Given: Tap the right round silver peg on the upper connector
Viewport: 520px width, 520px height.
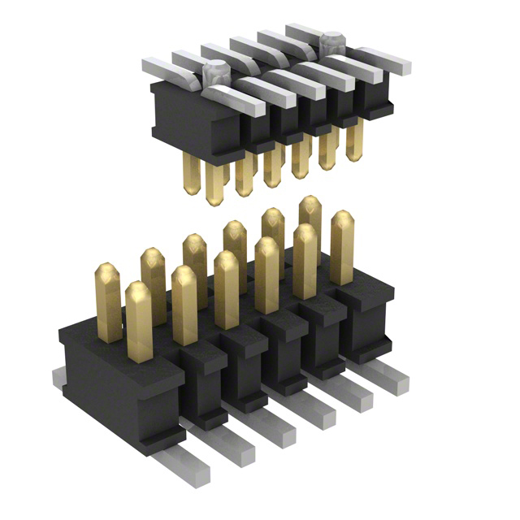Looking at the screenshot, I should (x=331, y=42).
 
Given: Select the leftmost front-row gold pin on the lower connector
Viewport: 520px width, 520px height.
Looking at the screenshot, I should (x=139, y=320).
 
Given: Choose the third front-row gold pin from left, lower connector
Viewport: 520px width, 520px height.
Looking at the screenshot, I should (x=226, y=288).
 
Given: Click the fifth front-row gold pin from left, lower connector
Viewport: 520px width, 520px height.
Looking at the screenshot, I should (x=305, y=260).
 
